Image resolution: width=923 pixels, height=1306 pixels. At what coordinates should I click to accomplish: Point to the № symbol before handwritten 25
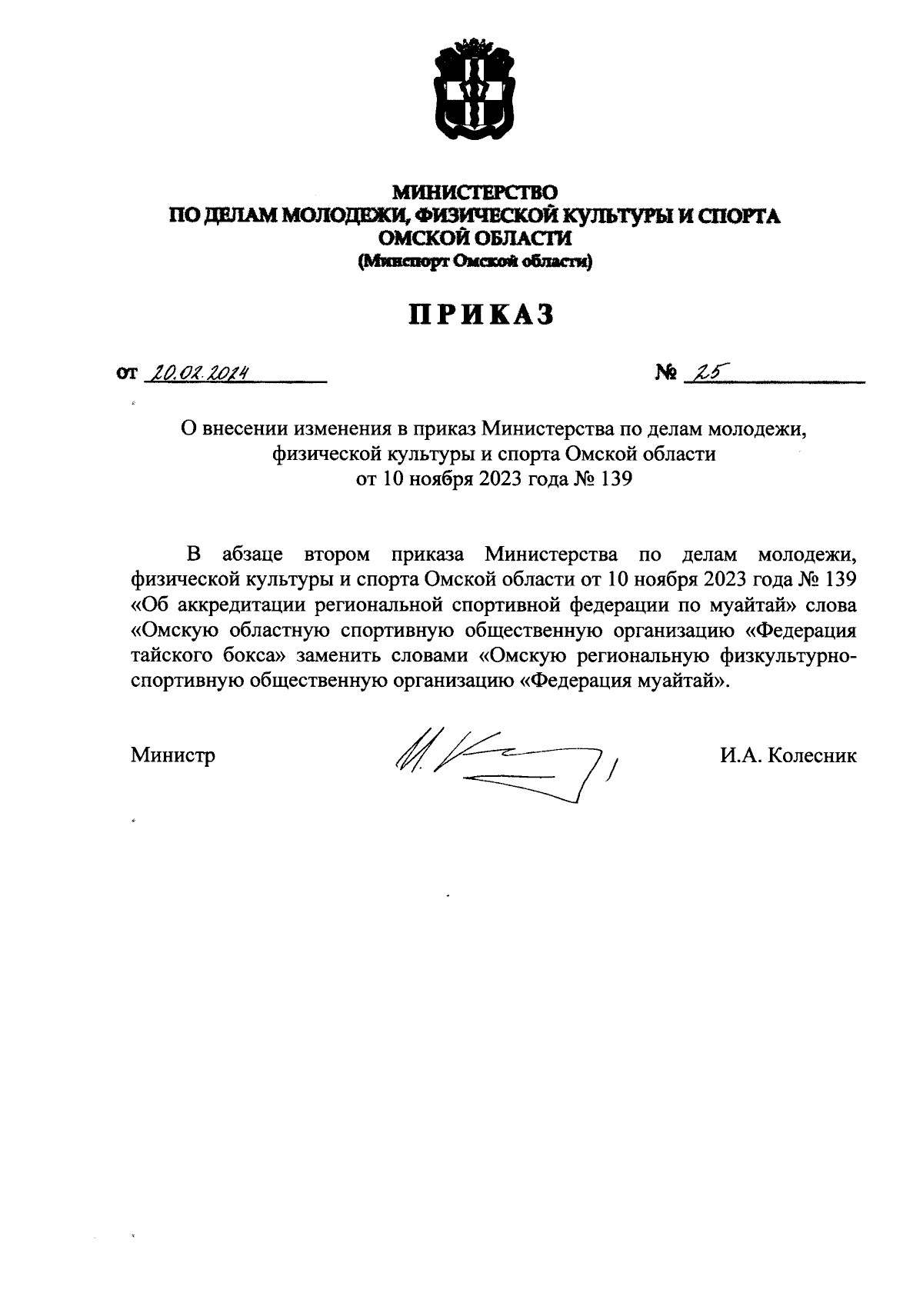pos(665,374)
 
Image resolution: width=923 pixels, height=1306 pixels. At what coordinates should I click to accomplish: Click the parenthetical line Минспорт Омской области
pos(475,262)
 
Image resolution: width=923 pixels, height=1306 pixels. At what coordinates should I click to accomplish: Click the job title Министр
pos(173,755)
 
